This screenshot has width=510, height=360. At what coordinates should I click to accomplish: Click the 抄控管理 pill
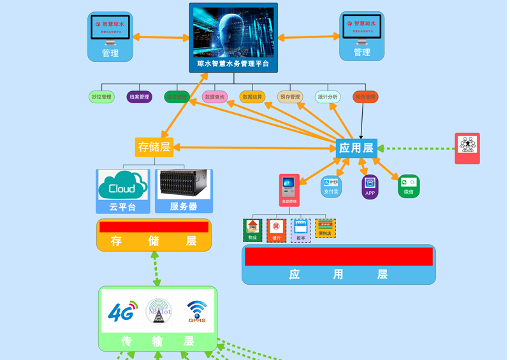click(101, 97)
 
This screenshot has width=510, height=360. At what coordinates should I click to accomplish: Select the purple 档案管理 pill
click(139, 97)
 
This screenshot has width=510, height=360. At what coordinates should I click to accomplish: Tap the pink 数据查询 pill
click(215, 97)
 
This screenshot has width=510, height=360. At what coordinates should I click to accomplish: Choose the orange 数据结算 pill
click(252, 97)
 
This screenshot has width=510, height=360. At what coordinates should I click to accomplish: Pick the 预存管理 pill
click(290, 97)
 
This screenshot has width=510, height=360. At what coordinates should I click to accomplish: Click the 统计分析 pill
click(328, 97)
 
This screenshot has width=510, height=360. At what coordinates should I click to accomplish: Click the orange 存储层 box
click(154, 147)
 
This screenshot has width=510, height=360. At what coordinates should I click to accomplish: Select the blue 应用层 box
click(356, 148)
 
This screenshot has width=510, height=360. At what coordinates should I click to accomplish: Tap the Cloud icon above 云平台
click(122, 185)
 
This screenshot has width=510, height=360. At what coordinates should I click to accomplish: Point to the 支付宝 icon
click(331, 186)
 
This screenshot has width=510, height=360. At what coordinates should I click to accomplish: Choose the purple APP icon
click(370, 187)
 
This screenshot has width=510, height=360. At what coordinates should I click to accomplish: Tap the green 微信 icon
click(409, 186)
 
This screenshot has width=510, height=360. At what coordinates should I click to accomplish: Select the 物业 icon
click(253, 230)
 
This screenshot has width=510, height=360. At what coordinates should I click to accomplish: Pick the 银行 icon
click(277, 230)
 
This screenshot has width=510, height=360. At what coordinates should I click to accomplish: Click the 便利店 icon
click(325, 229)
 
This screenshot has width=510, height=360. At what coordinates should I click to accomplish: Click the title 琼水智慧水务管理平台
click(233, 64)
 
